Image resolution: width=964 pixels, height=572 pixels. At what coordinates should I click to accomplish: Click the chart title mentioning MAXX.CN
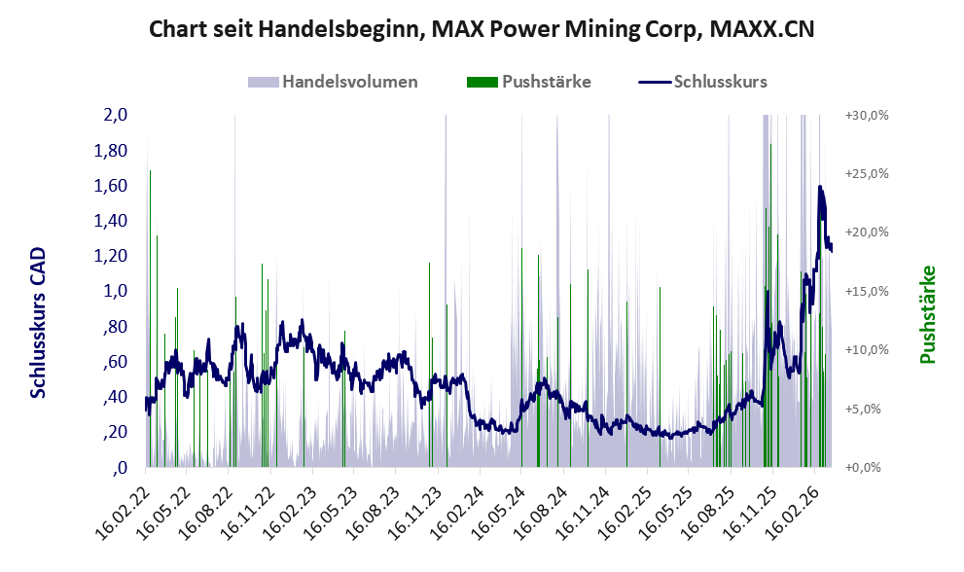point(482,29)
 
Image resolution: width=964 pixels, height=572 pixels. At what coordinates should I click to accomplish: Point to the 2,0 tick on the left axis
point(116,115)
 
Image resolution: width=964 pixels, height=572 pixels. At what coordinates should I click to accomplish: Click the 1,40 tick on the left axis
point(111,221)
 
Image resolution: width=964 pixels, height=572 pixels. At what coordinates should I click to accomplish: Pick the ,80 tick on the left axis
point(115,327)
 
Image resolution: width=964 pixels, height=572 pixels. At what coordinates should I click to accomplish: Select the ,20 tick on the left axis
point(115,432)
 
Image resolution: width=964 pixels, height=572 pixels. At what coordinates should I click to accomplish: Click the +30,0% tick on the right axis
point(867,115)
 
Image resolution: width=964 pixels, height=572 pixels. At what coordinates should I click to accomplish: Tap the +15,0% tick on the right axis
point(867,291)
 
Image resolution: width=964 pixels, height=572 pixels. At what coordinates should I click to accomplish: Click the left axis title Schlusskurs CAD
point(39,322)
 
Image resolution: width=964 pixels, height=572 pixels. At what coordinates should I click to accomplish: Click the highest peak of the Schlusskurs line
point(821,187)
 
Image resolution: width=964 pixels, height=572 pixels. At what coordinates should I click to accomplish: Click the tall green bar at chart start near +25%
point(150,243)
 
